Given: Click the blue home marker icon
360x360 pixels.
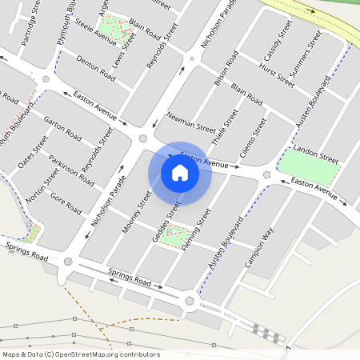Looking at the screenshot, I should pyautogui.click(x=180, y=173).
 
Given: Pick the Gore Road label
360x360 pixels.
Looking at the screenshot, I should pyautogui.click(x=66, y=203).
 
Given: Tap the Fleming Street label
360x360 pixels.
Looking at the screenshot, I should pyautogui.click(x=196, y=230).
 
